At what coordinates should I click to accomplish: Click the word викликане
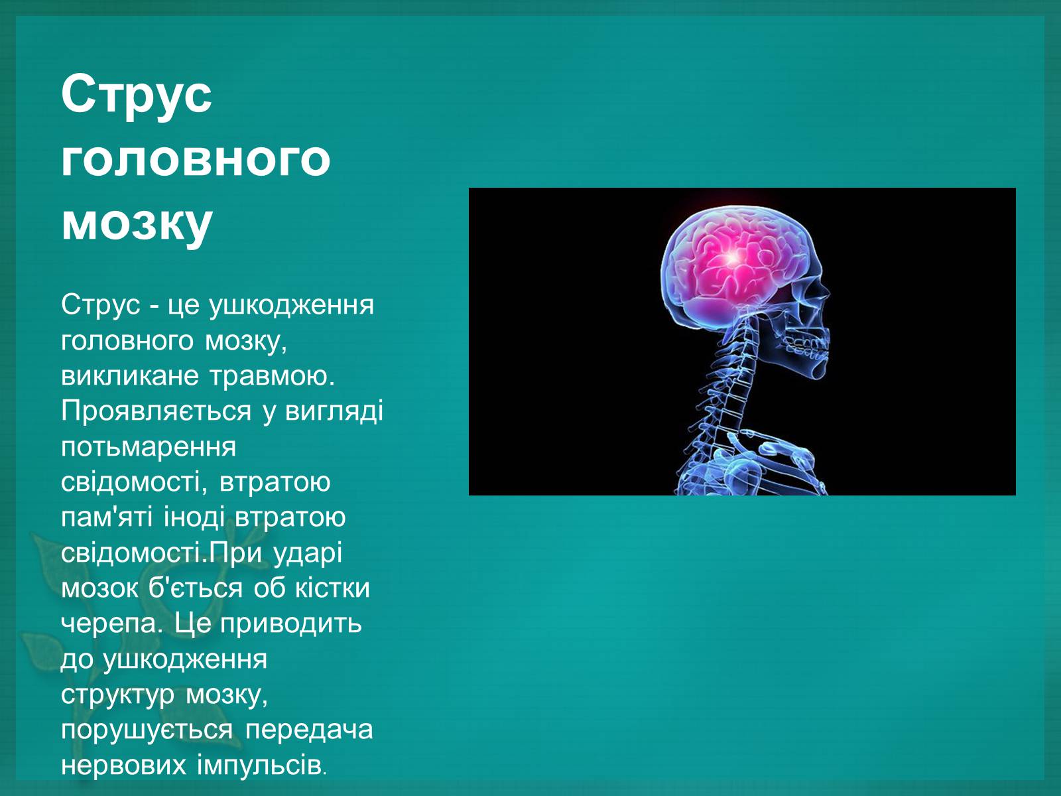click(130, 376)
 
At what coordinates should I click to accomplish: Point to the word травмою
click(273, 376)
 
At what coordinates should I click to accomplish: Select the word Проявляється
click(156, 412)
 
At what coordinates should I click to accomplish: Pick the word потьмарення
click(149, 447)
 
